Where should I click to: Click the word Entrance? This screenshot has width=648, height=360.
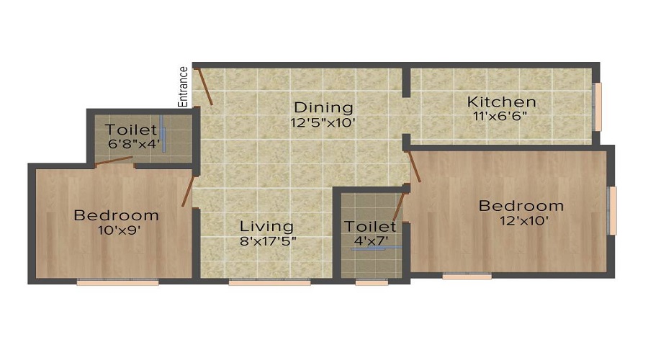point(184,86)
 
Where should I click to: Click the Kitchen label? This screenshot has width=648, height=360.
point(501,102)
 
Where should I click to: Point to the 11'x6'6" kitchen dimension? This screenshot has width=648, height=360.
point(501,116)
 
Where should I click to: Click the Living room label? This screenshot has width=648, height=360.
point(266,226)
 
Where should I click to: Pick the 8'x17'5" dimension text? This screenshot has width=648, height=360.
point(269,241)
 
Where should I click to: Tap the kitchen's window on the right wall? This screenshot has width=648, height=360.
point(597,107)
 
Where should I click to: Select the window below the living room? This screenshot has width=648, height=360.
point(259,282)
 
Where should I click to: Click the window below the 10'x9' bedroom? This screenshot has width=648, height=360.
point(117,282)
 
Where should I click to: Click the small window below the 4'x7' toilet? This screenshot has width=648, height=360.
point(372,282)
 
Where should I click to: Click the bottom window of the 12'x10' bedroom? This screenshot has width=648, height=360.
point(467,275)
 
